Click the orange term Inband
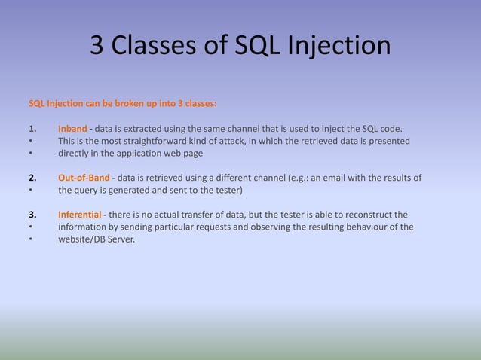click(x=73, y=128)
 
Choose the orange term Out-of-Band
click(x=84, y=178)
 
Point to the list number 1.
click(x=32, y=128)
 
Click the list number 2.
click(x=32, y=178)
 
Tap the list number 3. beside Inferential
click(x=32, y=214)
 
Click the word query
click(x=90, y=190)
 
